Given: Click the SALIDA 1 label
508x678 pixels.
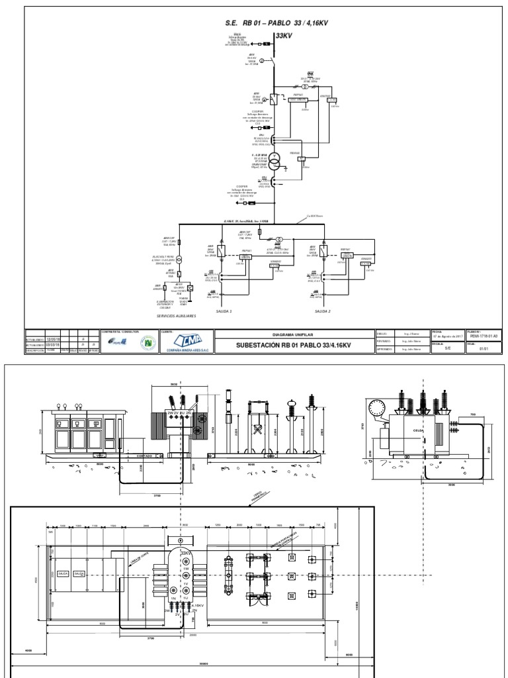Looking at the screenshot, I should click(x=224, y=310).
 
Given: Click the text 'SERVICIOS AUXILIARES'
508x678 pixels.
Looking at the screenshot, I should click(x=177, y=316).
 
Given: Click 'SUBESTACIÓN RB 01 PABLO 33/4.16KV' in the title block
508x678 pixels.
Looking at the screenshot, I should click(x=294, y=346).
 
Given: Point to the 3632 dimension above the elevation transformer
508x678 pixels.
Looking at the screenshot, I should click(x=174, y=384).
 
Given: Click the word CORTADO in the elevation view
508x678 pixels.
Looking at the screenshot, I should click(x=144, y=456).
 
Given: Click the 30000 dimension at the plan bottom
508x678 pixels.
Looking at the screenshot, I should click(x=192, y=666).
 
